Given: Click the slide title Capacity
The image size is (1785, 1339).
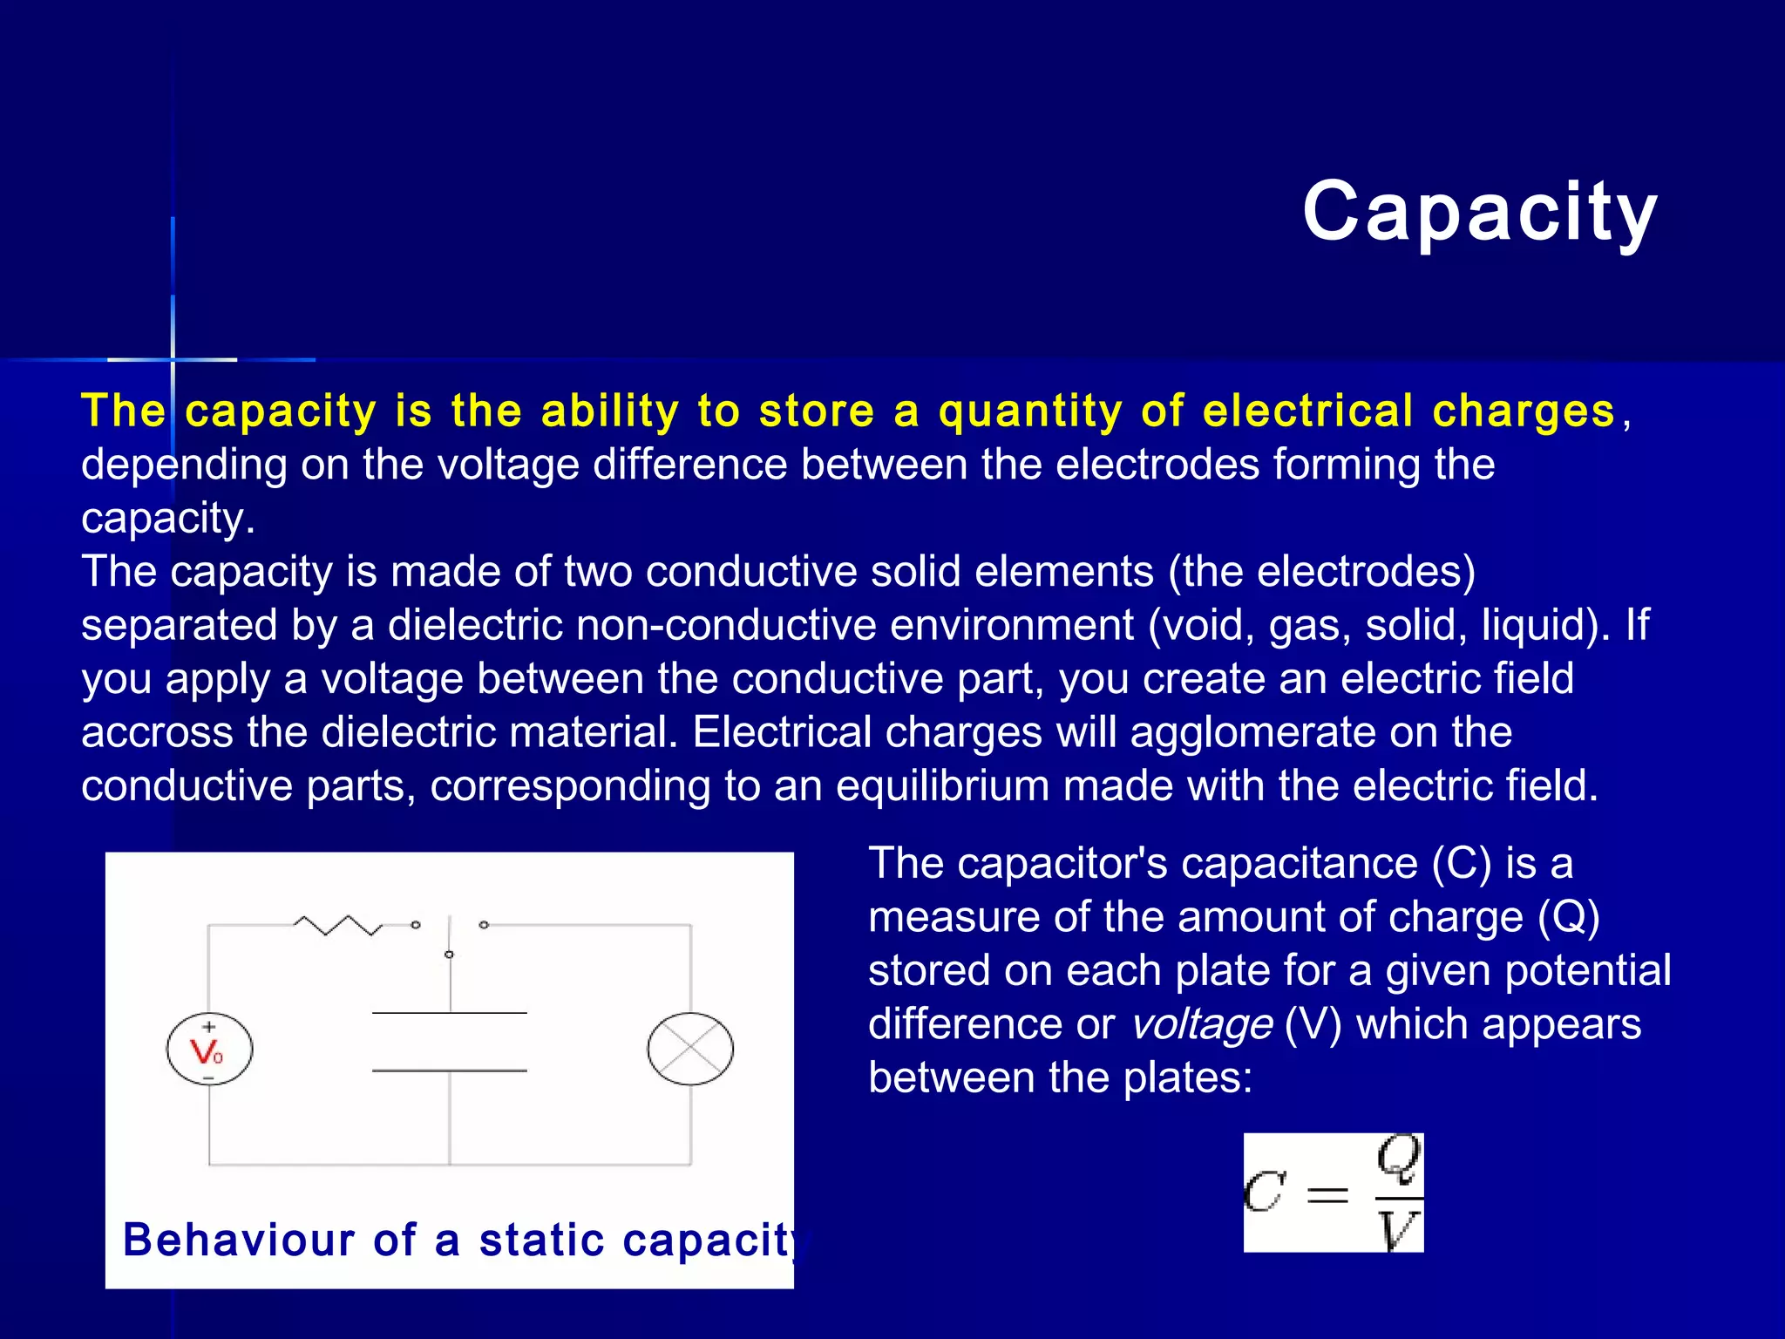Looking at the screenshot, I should tap(1479, 212).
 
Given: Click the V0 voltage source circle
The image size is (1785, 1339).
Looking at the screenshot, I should tap(209, 1050).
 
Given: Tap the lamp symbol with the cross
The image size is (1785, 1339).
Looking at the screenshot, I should tap(690, 1049).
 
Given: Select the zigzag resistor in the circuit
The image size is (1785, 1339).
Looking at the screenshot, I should tap(337, 925).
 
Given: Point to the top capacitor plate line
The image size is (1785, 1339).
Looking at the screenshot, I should tap(449, 1013).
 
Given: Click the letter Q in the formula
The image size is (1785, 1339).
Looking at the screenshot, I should tap(1398, 1159).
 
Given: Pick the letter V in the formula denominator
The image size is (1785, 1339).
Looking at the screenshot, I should tap(1398, 1230).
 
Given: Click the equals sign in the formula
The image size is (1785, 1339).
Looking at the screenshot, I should tap(1327, 1194).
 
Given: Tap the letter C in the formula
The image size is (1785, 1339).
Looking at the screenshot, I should tap(1264, 1193).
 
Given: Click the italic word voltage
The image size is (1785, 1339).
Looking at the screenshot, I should tap(1201, 1024).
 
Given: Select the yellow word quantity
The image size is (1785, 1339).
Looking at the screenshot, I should tap(1030, 411).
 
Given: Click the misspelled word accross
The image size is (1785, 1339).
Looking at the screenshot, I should tap(157, 732).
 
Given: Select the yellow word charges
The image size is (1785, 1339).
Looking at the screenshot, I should tap(1524, 411).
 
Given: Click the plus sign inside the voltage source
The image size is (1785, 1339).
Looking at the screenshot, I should tap(209, 1027).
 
